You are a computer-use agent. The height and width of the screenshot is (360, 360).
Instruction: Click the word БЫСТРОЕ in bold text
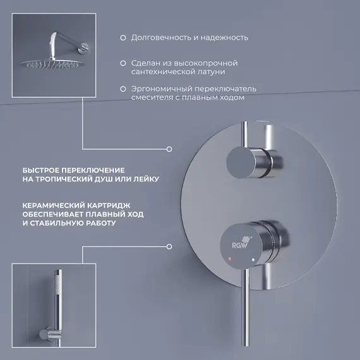tap(43, 171)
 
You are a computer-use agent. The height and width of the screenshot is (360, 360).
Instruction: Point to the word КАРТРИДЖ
tap(106, 206)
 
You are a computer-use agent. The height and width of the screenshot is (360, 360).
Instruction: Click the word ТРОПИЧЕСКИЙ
tap(68, 179)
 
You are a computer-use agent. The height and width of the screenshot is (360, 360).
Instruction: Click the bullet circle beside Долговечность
tap(123, 37)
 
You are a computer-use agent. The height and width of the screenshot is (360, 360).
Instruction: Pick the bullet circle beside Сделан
tap(123, 64)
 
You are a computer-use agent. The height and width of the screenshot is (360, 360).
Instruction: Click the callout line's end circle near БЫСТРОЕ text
tap(169, 150)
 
